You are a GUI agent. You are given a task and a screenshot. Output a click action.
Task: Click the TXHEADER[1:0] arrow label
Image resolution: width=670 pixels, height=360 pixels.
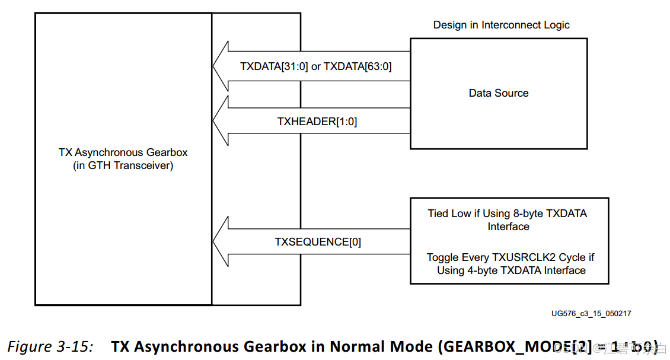coord(317,122)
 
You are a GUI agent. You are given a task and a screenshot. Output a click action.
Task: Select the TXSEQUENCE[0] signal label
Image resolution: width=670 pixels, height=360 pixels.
coord(318,242)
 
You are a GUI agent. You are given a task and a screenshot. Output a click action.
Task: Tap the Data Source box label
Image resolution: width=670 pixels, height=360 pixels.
coord(498,93)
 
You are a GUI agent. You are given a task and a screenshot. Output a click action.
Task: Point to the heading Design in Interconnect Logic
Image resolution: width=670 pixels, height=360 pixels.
coord(501,25)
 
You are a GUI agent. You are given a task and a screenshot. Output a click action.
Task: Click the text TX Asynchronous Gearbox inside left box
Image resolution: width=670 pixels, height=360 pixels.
coord(123,152)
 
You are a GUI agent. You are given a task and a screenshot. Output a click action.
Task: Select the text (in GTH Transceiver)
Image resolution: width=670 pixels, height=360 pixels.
coord(123,166)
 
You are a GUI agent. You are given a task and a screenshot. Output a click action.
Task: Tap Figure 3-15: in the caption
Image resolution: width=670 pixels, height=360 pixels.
coord(50,346)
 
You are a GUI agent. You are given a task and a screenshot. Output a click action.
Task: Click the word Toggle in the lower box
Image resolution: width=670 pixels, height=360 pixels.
coord(442,257)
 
